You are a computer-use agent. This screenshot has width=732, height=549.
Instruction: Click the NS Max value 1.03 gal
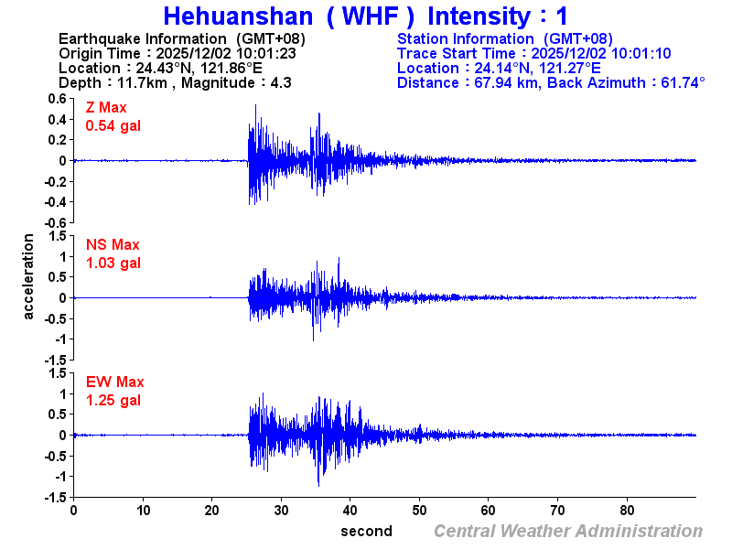click(x=113, y=264)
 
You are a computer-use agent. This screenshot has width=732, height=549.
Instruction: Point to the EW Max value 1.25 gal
click(x=113, y=401)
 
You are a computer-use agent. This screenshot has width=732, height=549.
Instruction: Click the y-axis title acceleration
click(x=29, y=277)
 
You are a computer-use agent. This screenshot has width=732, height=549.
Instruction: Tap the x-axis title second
click(x=366, y=532)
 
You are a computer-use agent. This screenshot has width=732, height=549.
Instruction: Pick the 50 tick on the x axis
click(x=420, y=510)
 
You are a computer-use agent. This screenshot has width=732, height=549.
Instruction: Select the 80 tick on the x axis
click(x=628, y=510)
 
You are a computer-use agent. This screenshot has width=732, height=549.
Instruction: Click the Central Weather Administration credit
click(x=568, y=532)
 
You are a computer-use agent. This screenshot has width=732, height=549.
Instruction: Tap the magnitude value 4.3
click(x=280, y=83)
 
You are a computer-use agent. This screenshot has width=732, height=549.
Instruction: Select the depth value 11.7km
click(x=140, y=83)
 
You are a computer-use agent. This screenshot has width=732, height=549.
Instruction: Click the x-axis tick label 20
click(x=212, y=510)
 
